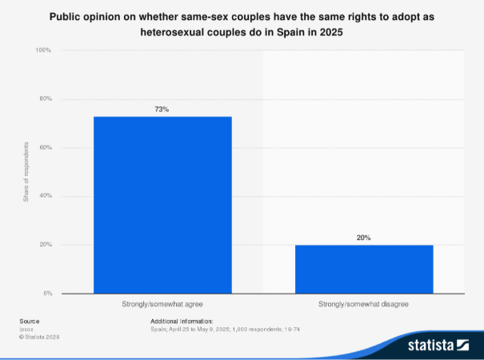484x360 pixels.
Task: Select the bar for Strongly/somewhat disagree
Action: [364, 269]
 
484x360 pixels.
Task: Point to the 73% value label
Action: [162, 109]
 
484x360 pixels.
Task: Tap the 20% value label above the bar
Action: [364, 238]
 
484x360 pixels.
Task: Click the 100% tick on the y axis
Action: [43, 50]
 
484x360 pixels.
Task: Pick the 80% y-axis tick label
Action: [45, 99]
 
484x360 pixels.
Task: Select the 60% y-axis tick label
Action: [45, 148]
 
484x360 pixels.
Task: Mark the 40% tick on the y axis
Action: [45, 196]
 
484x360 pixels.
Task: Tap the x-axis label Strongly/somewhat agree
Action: [162, 305]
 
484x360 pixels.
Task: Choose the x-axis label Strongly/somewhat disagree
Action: [364, 305]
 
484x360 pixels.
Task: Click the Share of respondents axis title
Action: [26, 172]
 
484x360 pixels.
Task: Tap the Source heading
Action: [30, 321]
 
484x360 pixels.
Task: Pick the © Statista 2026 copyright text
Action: [39, 337]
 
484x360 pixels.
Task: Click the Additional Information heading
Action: [182, 321]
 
